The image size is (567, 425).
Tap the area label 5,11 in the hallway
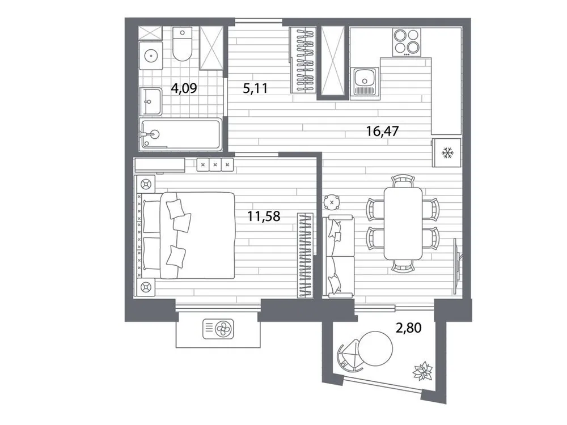coord(255,88)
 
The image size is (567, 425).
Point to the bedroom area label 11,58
coord(265,215)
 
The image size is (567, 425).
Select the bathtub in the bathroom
coord(180,134)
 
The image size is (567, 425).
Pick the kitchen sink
coord(363,80)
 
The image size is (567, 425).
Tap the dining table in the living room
coord(403,222)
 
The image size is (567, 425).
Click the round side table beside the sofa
coord(331,202)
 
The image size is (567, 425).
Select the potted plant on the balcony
coord(422,372)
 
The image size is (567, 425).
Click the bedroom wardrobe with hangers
coord(305,254)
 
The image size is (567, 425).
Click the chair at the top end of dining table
coord(403,181)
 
